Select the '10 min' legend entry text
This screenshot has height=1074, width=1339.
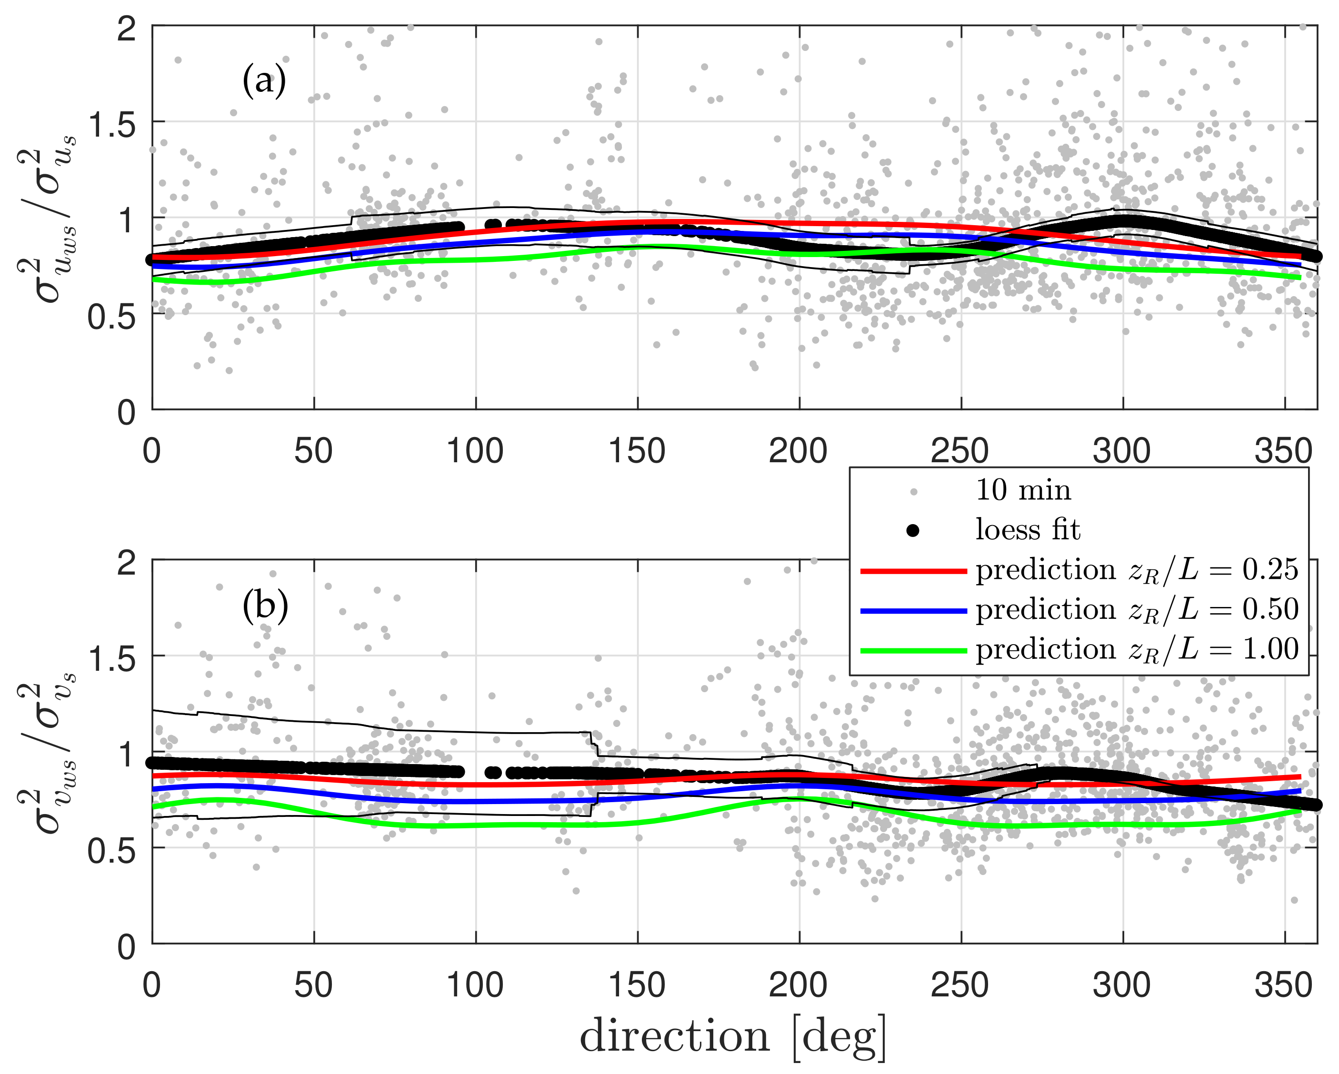pos(1023,490)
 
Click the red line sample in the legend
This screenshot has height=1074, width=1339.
pos(913,570)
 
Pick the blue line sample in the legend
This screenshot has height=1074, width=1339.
pos(913,611)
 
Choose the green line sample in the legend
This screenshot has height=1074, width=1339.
pos(913,651)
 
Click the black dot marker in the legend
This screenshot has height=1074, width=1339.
pos(913,530)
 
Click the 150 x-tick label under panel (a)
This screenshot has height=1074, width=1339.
pos(637,451)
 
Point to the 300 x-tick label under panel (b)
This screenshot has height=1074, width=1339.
pos(1122,985)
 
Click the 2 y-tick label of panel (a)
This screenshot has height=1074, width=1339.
pos(127,29)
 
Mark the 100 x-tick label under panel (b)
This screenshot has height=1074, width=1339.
pos(475,985)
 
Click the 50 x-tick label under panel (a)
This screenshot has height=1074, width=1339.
pos(314,451)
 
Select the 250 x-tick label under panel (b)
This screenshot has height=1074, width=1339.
pos(960,985)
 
